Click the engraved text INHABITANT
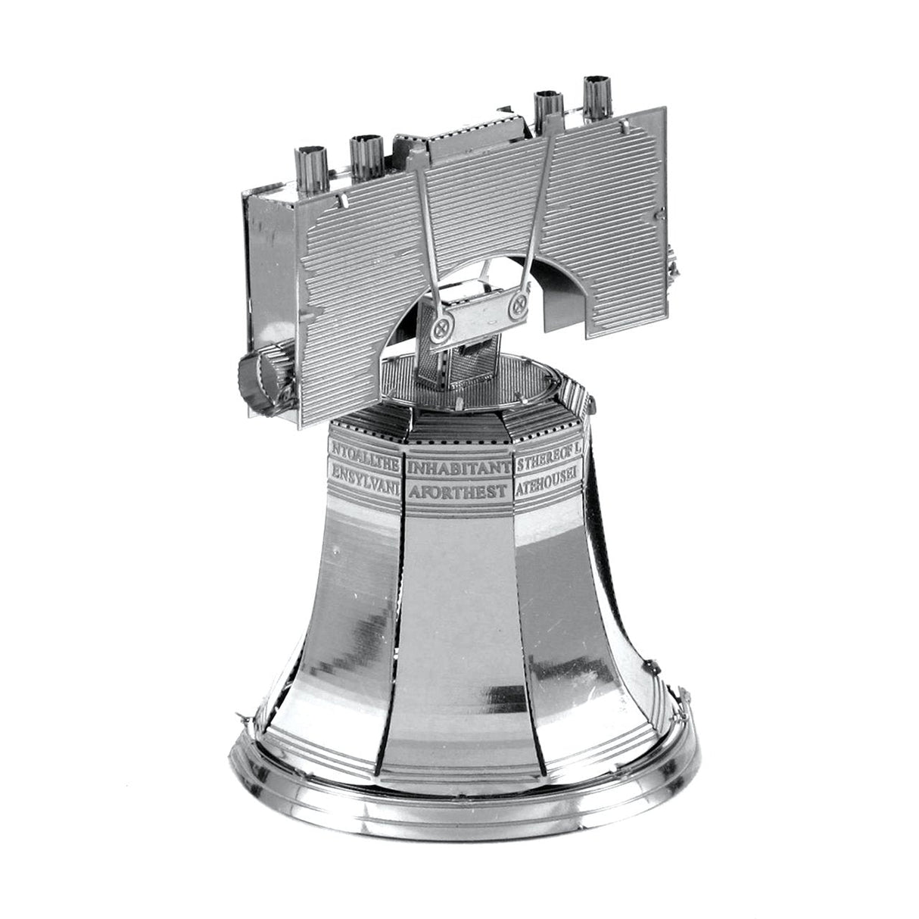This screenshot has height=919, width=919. click(459, 468)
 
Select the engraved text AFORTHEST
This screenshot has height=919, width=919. click(458, 491)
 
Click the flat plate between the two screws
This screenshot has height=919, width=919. click(481, 317)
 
